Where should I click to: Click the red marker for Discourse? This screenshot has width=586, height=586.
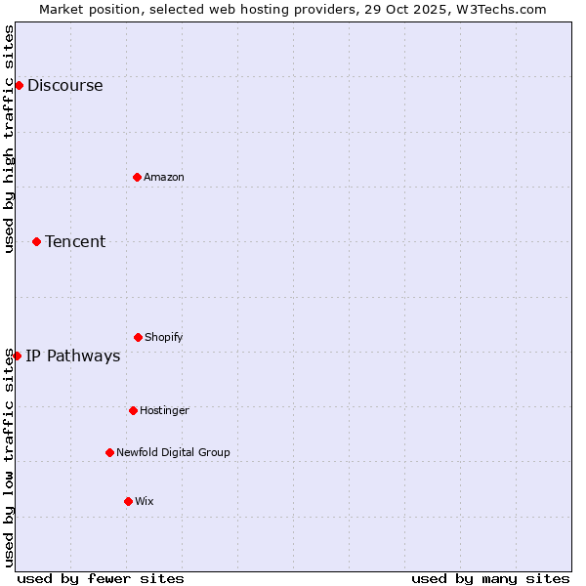click(x=19, y=85)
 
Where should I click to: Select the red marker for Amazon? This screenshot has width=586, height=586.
click(x=137, y=177)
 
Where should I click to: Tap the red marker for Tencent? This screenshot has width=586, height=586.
click(x=36, y=241)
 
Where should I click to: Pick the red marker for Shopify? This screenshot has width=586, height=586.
click(x=138, y=337)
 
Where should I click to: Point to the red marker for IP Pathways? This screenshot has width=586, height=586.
click(x=17, y=356)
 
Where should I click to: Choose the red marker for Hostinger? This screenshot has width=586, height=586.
click(x=133, y=410)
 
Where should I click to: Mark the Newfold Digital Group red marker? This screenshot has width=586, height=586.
click(x=109, y=452)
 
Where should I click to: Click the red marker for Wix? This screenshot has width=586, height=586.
click(x=128, y=501)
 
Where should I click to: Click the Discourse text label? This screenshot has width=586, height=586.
click(x=64, y=86)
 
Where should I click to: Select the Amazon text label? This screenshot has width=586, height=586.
click(x=164, y=178)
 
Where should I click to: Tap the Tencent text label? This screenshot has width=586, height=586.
click(x=75, y=242)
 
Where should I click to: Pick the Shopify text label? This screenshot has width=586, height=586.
click(x=164, y=338)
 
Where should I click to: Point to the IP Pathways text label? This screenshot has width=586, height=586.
click(x=73, y=356)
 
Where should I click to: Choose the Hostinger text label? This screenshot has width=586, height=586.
click(x=164, y=411)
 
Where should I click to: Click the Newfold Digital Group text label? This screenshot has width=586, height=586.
click(x=173, y=453)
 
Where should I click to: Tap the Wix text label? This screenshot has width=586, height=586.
click(x=145, y=502)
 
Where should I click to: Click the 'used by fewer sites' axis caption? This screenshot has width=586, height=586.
click(x=101, y=579)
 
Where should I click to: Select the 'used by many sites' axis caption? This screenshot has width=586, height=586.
click(x=490, y=579)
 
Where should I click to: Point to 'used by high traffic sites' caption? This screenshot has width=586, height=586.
click(x=10, y=139)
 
